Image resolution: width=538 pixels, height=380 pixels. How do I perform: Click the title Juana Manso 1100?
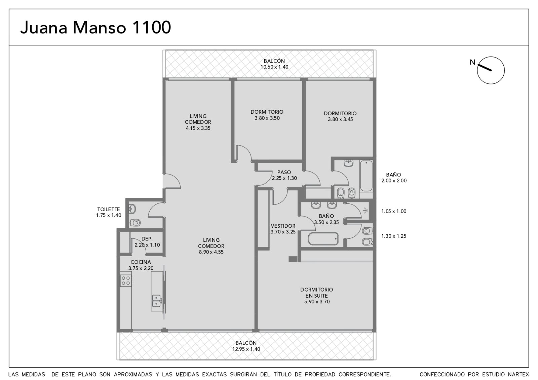[95, 27]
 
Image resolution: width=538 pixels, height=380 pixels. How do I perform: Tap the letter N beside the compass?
[472, 62]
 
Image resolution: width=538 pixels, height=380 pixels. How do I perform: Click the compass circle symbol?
[491, 70]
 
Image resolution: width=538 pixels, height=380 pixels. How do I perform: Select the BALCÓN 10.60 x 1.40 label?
[274, 64]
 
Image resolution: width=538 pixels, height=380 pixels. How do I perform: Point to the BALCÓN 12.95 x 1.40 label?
[246, 346]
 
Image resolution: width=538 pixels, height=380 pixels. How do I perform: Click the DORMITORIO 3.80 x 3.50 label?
[267, 115]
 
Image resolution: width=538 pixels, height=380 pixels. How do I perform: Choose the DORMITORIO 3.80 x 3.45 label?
[340, 116]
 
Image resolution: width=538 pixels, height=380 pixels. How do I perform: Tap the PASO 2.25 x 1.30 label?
[284, 175]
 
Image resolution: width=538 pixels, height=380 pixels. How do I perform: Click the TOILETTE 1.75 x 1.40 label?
[109, 212]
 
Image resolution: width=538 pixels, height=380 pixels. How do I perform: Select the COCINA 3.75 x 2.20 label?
[141, 265]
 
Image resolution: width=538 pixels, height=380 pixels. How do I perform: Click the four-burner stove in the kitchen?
[126, 280]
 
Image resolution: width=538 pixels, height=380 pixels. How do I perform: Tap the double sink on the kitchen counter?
[156, 301]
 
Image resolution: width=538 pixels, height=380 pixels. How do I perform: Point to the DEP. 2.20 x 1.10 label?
[147, 242]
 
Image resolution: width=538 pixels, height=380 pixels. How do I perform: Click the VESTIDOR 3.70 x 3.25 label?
[283, 229]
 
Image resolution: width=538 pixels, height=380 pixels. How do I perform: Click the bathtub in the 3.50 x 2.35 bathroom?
[323, 239]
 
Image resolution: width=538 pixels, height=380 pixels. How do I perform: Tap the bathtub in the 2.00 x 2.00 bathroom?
[366, 176]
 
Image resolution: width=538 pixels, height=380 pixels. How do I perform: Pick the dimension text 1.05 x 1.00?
[394, 212]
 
